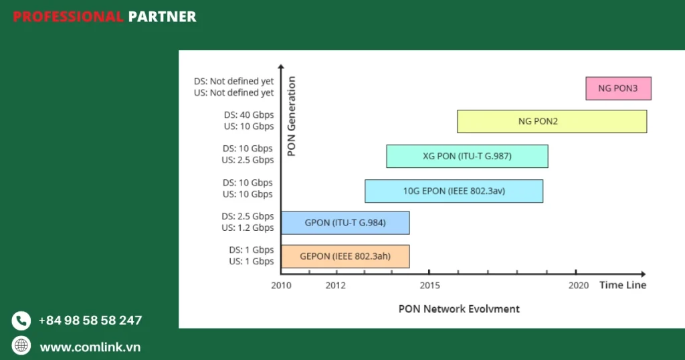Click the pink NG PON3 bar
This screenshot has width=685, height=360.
pyautogui.click(x=618, y=88)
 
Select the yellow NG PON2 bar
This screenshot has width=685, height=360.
pyautogui.click(x=552, y=121)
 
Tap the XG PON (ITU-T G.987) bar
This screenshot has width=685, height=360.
pyautogui.click(x=467, y=156)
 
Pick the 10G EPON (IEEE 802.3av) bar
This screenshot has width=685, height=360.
pyautogui.click(x=454, y=191)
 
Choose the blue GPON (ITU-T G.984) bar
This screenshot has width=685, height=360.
pyautogui.click(x=345, y=223)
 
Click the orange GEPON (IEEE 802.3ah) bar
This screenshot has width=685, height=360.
pyautogui.click(x=345, y=256)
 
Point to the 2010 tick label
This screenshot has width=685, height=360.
pyautogui.click(x=281, y=286)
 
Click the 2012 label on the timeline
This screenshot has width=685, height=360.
pyautogui.click(x=336, y=286)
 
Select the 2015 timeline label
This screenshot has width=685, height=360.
pyautogui.click(x=429, y=286)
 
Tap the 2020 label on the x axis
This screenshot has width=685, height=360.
pyautogui.click(x=578, y=286)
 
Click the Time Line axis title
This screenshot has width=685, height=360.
pyautogui.click(x=623, y=285)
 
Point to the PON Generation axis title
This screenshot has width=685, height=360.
pyautogui.click(x=291, y=116)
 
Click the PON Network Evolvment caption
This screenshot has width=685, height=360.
pyautogui.click(x=459, y=308)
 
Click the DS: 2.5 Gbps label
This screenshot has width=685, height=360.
pyautogui.click(x=248, y=216)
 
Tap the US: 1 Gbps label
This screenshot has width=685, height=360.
pyautogui.click(x=252, y=261)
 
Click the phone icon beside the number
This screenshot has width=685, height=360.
pyautogui.click(x=21, y=321)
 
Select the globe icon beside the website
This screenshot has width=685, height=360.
pyautogui.click(x=21, y=345)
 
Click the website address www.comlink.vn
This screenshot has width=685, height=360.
pyautogui.click(x=90, y=347)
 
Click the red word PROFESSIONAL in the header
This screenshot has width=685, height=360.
pyautogui.click(x=68, y=17)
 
